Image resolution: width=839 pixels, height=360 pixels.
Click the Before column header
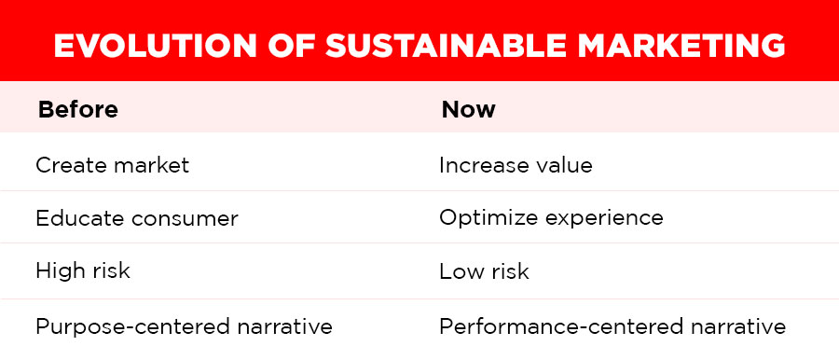click(77, 109)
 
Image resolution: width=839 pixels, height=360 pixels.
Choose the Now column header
click(468, 109)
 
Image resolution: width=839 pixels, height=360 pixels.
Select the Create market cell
click(112, 165)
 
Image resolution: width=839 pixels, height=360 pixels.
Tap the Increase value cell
click(516, 165)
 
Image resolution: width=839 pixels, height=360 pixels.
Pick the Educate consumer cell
click(136, 218)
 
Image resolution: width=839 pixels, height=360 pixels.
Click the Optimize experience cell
click(551, 218)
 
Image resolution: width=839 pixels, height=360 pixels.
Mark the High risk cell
click(82, 272)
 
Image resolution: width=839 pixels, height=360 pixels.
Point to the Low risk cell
click(484, 272)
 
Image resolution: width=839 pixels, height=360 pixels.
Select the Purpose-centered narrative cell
click(184, 327)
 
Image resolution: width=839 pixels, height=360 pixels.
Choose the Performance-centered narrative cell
click(612, 327)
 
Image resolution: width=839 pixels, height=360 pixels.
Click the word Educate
click(77, 218)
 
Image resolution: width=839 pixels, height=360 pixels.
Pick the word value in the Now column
click(564, 165)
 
